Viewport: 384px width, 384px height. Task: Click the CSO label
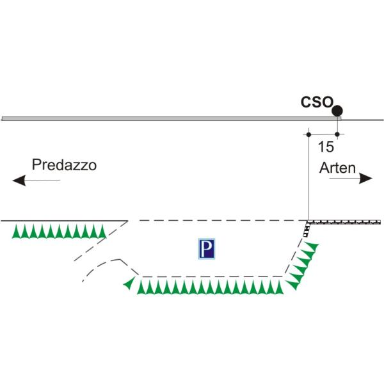coord(317,102)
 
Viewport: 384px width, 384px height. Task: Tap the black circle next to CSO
coord(337,111)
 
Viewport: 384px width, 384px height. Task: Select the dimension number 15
coord(325,147)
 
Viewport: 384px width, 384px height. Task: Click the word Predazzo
coord(65,165)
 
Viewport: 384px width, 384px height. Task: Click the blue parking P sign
coord(206,249)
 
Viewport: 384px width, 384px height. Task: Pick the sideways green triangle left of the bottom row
coord(130,282)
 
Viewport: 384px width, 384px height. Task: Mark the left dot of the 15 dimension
coord(308,134)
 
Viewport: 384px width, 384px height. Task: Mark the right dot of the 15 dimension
coord(337,134)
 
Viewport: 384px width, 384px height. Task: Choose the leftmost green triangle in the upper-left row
coord(17,231)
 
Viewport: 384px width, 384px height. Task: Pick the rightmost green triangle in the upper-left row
coord(100,231)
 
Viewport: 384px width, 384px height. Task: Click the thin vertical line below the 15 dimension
coord(308,179)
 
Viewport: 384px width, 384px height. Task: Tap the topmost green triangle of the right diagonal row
coord(312,245)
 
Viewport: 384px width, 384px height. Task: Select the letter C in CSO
coord(307,102)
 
